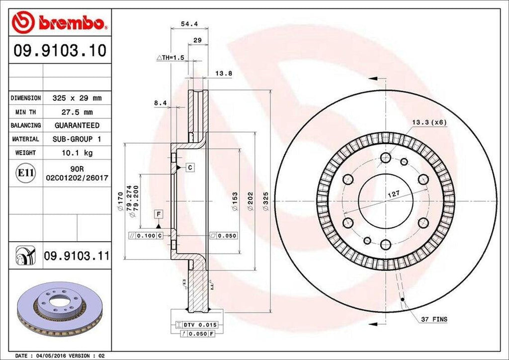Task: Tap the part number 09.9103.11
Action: (76, 257)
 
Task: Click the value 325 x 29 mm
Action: (77, 98)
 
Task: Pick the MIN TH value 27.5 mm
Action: (77, 112)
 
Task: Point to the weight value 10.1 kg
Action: (77, 153)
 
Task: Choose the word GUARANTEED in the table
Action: (77, 126)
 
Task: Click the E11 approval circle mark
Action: (26, 173)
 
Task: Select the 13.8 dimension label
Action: (224, 74)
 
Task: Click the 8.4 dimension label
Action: (160, 103)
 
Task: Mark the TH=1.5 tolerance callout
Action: (170, 58)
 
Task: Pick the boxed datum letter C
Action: (190, 168)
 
